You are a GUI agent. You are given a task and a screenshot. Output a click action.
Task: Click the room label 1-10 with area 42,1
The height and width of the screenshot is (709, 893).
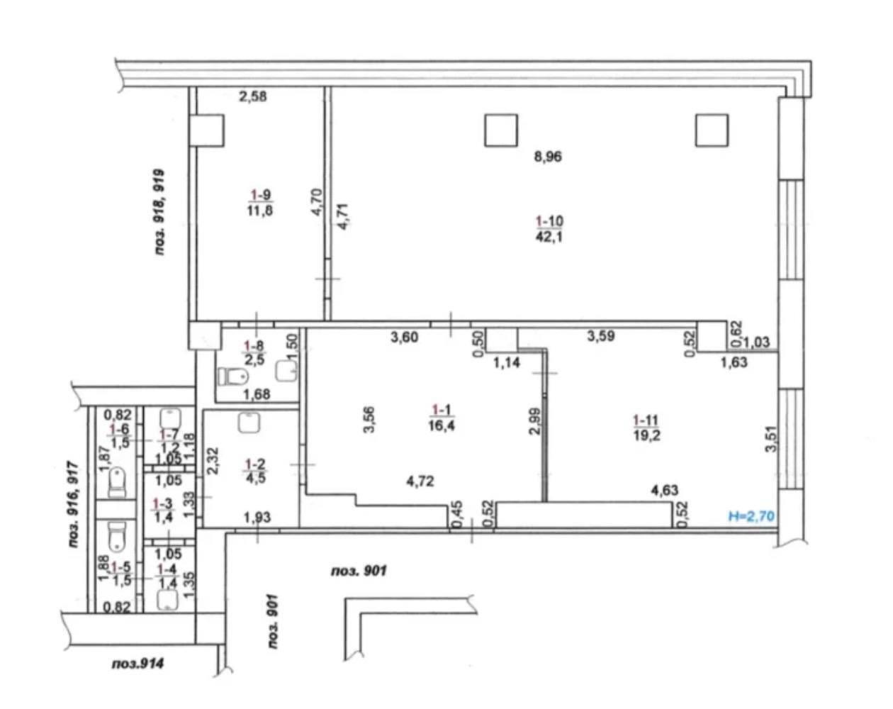550,229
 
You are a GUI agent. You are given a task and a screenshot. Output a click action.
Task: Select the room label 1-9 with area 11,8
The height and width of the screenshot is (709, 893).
260,203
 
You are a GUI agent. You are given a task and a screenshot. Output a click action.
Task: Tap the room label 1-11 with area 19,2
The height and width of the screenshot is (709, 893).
646,428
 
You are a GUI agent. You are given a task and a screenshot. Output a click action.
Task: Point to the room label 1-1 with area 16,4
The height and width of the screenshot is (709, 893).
442,418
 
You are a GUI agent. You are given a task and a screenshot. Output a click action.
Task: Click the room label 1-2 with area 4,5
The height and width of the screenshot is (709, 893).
256,471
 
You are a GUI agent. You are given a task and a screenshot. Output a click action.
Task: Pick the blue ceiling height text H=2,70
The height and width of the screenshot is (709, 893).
751,516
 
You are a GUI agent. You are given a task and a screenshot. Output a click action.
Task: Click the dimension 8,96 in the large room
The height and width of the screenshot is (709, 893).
548,157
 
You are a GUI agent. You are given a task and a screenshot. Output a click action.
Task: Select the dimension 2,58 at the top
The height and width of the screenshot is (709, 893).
253,96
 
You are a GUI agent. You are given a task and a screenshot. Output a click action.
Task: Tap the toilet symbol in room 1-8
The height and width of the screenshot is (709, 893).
232,376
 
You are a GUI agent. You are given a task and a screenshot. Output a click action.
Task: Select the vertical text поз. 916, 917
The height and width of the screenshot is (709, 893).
74,504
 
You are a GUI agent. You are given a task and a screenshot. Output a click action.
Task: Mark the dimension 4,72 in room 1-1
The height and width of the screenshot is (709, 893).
420,481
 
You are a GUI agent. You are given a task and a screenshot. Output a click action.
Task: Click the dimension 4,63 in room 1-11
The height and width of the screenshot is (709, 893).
665,491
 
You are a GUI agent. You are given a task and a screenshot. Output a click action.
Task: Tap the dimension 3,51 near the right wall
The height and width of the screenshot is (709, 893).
772,442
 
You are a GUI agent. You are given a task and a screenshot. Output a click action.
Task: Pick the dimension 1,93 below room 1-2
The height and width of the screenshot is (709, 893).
257,518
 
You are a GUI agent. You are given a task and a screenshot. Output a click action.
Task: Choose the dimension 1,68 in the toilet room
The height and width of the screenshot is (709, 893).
257,394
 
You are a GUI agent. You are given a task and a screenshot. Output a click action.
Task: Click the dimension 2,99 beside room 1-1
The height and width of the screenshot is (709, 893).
534,421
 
